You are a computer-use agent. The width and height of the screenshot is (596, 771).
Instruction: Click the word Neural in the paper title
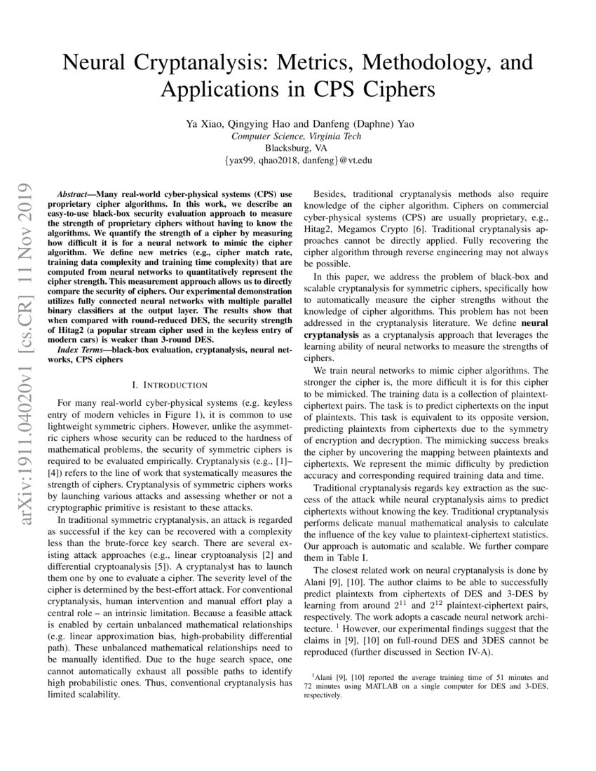pyautogui.click(x=98, y=63)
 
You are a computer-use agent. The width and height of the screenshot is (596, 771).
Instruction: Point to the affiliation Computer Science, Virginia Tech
pyautogui.click(x=298, y=136)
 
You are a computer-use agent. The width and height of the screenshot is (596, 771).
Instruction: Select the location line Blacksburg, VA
pyautogui.click(x=298, y=148)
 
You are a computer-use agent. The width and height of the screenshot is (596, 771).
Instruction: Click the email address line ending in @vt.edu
pyautogui.click(x=298, y=161)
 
